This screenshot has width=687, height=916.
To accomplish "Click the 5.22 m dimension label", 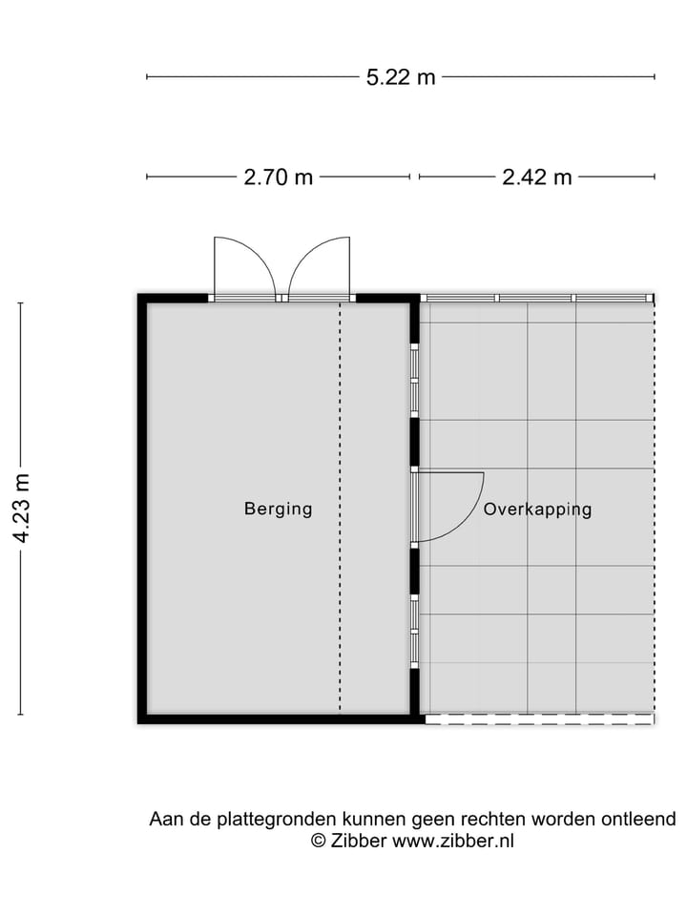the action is tap(401, 77).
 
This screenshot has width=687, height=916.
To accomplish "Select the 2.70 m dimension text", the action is tap(278, 177).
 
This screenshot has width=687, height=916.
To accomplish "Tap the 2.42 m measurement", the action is tap(537, 177).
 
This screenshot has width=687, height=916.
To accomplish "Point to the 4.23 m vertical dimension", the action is tap(22, 509).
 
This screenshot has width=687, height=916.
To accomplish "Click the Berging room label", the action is tap(278, 509).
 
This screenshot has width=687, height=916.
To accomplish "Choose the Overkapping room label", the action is tap(537, 510).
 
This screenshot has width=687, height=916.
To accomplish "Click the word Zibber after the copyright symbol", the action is tap(359, 842).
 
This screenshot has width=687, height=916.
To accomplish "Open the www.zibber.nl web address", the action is tap(452, 842).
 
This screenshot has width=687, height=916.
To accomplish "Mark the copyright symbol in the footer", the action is tap(319, 842).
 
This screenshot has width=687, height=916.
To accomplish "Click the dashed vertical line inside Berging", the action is tap(340, 509).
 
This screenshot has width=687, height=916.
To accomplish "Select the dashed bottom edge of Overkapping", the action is tap(539, 719).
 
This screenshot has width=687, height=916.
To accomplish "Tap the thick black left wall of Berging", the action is tap(142, 509).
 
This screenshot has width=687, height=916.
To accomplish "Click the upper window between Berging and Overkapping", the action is tap(415, 381).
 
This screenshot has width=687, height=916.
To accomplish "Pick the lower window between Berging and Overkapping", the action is tap(415, 632).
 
